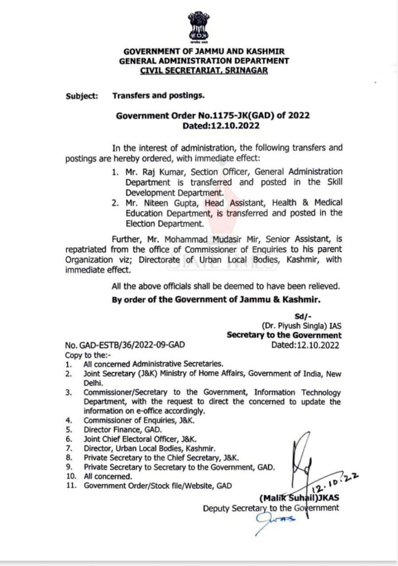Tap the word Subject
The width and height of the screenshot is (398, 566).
[81, 95]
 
